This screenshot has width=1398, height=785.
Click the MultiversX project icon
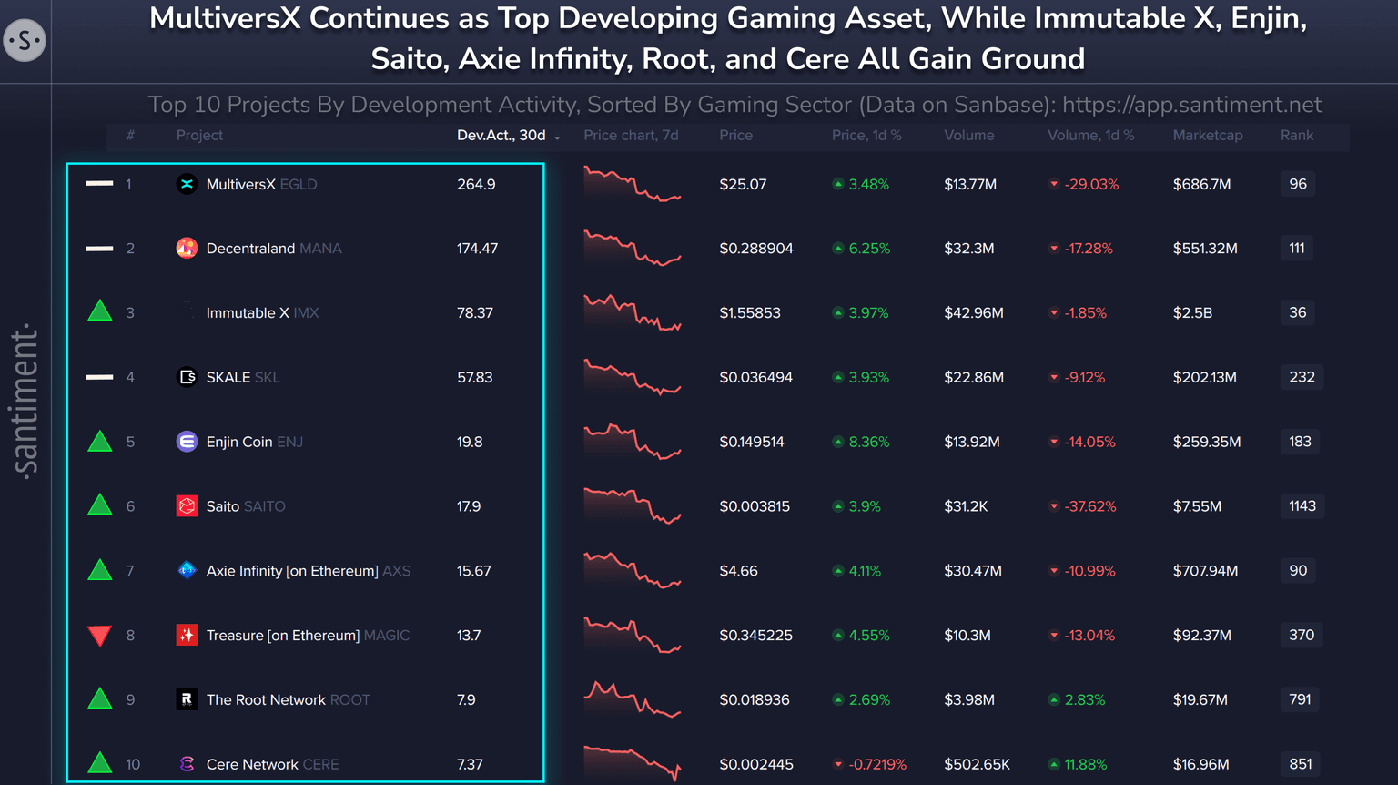click(187, 184)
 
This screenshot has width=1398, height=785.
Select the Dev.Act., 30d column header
click(501, 135)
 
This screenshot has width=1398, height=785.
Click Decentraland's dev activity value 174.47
click(477, 249)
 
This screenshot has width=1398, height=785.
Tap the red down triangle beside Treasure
click(99, 636)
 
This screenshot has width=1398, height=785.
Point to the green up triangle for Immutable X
click(99, 311)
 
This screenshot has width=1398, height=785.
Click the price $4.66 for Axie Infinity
click(738, 571)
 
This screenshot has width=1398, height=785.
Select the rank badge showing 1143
click(1302, 506)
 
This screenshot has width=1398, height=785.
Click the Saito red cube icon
click(187, 506)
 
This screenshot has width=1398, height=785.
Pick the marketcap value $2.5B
click(1192, 313)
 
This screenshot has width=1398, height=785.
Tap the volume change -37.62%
click(1089, 506)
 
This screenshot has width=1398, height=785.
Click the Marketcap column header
click(1207, 135)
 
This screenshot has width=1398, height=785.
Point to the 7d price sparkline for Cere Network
click(632, 761)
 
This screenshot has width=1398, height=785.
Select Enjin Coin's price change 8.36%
click(868, 442)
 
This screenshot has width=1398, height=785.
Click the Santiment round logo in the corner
click(25, 41)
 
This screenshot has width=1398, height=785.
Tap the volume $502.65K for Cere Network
click(977, 765)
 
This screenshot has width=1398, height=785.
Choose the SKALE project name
click(228, 377)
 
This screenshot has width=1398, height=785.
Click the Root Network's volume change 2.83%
click(1084, 700)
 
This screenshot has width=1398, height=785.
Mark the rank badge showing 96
click(1297, 184)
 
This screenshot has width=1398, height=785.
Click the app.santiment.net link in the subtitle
click(1191, 105)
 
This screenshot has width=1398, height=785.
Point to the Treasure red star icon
click(187, 636)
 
